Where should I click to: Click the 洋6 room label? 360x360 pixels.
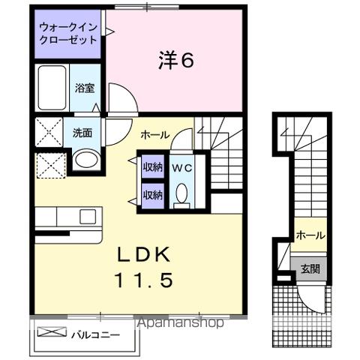click(x=176, y=60)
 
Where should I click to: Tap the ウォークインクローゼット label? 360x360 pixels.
click(x=68, y=33)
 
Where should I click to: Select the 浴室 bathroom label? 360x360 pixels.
click(x=83, y=88)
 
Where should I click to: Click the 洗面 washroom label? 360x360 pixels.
click(x=82, y=133)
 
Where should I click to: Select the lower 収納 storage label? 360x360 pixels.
click(x=153, y=195)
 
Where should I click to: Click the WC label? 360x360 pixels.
click(x=181, y=168)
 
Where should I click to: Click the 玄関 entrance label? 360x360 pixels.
click(x=309, y=269)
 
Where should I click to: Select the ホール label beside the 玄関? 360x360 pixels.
click(x=310, y=235)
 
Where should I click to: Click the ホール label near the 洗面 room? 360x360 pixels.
click(x=154, y=135)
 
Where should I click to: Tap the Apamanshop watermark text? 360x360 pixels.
click(x=179, y=324)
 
